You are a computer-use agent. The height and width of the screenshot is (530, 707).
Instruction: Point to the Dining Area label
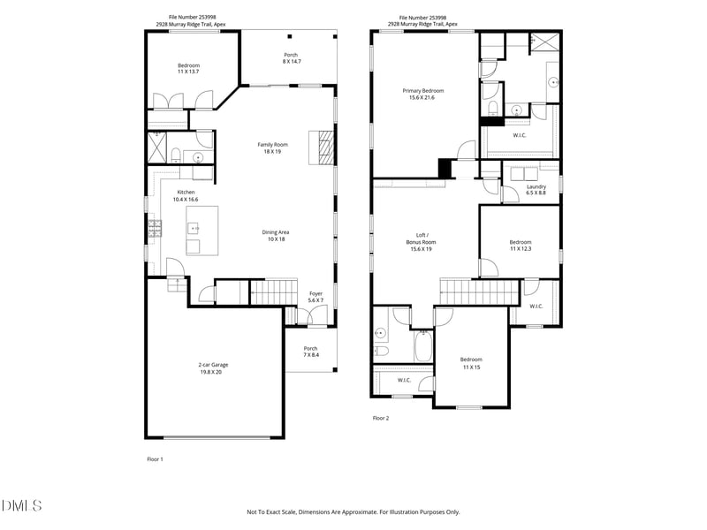coord(276,236)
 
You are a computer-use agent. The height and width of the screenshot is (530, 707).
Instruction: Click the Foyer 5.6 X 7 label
coord(315,297)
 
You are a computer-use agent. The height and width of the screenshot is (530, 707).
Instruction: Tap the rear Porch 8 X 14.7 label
coord(291,58)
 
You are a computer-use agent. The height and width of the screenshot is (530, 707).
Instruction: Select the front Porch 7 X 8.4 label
coord(310,352)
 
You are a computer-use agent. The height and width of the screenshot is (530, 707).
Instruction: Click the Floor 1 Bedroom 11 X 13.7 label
coord(188,68)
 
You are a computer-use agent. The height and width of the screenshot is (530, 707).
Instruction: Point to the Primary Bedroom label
coord(422,94)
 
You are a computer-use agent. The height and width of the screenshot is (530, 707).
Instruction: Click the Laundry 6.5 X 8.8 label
coord(536,189)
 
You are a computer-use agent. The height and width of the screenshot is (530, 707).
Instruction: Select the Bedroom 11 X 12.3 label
coord(520,246)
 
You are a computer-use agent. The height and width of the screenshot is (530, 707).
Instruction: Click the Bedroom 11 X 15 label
coord(471,363)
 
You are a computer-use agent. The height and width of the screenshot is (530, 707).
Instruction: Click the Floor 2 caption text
coord(380,418)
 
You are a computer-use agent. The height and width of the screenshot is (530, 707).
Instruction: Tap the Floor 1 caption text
coord(155,459)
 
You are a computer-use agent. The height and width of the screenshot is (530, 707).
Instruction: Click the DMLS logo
coord(22,505)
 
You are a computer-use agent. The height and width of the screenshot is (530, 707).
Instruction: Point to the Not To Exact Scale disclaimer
coord(353,511)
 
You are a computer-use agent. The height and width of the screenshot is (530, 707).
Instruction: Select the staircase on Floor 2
coord(478,291)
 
